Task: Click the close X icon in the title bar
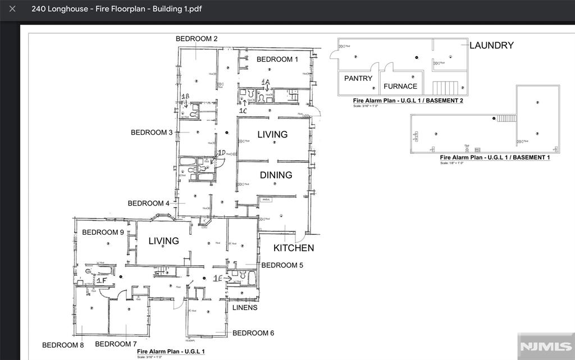[x=12, y=9]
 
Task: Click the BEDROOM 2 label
[x=197, y=39]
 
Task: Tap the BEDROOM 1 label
[x=277, y=60]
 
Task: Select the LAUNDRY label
[x=491, y=45]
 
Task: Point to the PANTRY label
[x=358, y=79]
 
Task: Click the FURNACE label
[x=400, y=86]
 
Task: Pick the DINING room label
[x=276, y=175]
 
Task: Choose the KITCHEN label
[x=294, y=248]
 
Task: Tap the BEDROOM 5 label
[x=282, y=265]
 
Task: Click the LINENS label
[x=245, y=308]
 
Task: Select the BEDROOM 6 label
[x=253, y=333]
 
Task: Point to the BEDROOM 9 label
[x=103, y=233]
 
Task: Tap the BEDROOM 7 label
[x=116, y=344]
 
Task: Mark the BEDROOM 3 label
[x=152, y=133]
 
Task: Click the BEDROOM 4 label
[x=149, y=203]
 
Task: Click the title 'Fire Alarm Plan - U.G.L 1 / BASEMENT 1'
[x=495, y=158]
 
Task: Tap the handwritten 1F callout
[x=101, y=280]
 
